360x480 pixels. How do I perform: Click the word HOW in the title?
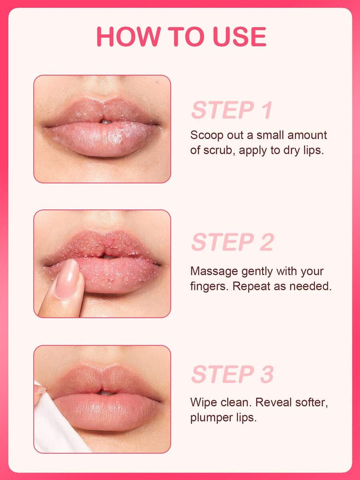pos(128,37)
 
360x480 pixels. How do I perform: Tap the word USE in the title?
pos(240,37)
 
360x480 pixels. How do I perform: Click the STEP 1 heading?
pos(232,110)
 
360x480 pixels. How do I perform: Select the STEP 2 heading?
pos(232,242)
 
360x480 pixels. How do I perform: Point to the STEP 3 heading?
pos(232,374)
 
